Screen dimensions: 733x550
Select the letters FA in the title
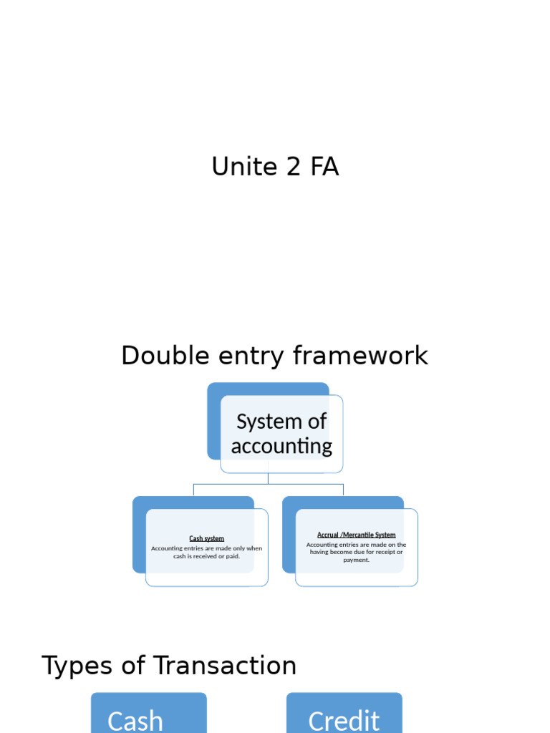(324, 167)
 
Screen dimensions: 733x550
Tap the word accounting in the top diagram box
(281, 446)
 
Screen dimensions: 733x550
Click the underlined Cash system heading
(206, 538)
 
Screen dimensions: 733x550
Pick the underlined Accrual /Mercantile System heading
(356, 535)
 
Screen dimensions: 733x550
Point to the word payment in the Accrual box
(356, 560)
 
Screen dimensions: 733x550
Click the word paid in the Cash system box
(232, 556)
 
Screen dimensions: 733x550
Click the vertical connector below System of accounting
(269, 478)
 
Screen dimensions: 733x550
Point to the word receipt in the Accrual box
(388, 552)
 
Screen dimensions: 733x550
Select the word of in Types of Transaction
(137, 666)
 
